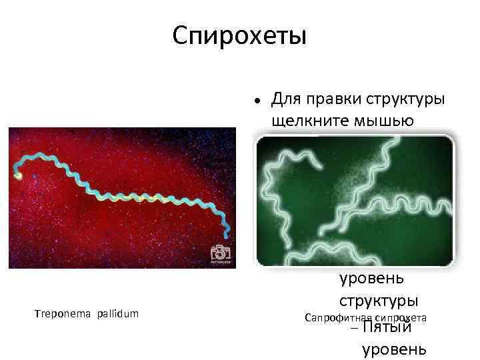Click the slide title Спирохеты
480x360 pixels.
(x=239, y=35)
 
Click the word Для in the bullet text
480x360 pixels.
(x=287, y=99)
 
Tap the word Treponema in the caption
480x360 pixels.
(x=63, y=313)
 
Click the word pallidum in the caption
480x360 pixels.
(x=117, y=313)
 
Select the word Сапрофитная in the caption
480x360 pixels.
(x=337, y=319)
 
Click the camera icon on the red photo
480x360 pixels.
(x=219, y=253)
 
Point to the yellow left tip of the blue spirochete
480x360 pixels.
(x=18, y=175)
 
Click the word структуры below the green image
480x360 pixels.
(x=379, y=299)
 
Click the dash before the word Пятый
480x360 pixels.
(x=353, y=328)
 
